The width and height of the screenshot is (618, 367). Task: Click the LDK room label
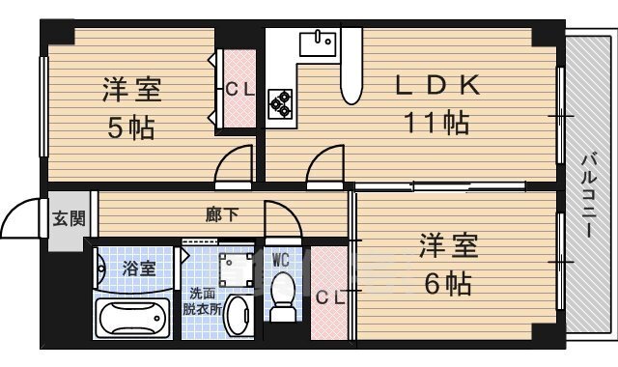[x=438, y=86]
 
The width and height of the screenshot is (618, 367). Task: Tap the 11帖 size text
[x=437, y=123]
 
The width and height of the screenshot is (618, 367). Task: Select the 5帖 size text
[x=131, y=127]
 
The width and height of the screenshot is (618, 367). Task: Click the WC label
[x=281, y=259]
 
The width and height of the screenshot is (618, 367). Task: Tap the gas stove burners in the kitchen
[x=281, y=101]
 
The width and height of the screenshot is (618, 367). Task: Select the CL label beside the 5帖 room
[x=240, y=91]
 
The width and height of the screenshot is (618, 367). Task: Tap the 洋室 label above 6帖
[x=448, y=247]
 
